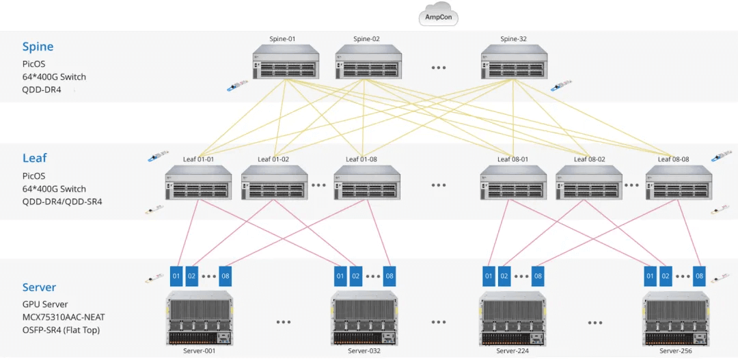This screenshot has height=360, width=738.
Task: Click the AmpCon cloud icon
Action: (438, 16)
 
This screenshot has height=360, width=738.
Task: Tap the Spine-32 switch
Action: (513, 62)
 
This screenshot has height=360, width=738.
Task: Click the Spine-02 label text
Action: (367, 39)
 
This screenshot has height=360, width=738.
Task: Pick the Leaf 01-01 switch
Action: (198, 183)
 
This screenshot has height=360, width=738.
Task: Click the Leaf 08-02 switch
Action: (589, 183)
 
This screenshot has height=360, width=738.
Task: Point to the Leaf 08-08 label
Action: (673, 159)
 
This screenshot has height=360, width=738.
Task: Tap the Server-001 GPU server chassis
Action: (200, 319)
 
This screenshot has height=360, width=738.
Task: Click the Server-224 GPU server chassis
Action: (512, 319)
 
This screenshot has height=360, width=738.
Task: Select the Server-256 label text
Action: (675, 351)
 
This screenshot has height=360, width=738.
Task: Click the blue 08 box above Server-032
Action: (389, 276)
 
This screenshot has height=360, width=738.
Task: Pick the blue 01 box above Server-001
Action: (176, 276)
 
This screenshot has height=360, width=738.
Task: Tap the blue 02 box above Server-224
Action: (504, 276)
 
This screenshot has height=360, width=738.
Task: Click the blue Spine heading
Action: (38, 47)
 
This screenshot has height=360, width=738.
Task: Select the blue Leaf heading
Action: (34, 158)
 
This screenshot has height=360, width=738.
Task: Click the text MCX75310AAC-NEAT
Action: (64, 317)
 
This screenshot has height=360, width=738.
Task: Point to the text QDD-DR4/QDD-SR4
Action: (62, 202)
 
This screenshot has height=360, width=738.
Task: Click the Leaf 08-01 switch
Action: (513, 183)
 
